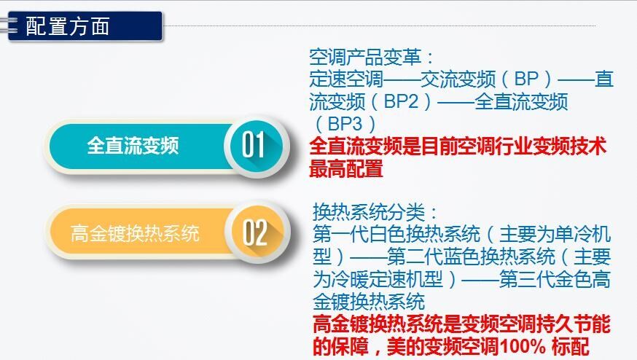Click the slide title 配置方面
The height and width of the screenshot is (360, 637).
tap(68, 26)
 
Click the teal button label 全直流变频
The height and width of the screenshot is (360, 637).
tap(133, 146)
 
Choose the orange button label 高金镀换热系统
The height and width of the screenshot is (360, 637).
tap(135, 233)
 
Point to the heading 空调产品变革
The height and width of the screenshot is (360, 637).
tap(365, 57)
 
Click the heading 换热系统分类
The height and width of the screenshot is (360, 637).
tap(369, 211)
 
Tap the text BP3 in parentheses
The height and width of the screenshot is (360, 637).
tap(345, 124)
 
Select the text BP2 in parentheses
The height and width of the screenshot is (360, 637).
tap(401, 101)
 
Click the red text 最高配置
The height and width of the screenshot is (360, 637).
tap(346, 168)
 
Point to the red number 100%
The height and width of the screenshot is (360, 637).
tap(523, 347)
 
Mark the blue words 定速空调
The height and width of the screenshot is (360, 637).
tap(346, 79)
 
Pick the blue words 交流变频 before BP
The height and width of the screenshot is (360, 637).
tap(458, 79)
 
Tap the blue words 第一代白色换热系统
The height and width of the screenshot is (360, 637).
tap(396, 234)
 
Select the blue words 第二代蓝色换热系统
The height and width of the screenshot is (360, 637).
tap(472, 257)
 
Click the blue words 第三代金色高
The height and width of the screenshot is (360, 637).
tap(555, 279)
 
